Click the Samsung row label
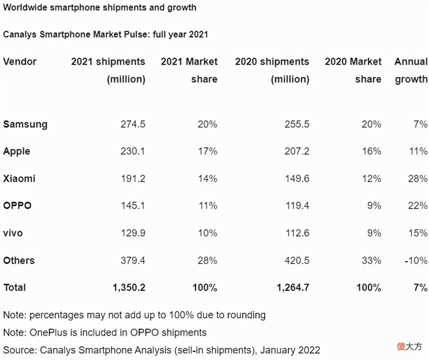(25, 125)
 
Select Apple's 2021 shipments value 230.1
(133, 151)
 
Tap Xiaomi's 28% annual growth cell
(418, 179)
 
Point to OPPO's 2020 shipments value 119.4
(297, 206)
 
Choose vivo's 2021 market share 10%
(207, 233)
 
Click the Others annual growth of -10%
(416, 260)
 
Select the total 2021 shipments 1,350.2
(129, 287)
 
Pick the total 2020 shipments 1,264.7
(293, 287)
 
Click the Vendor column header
(20, 61)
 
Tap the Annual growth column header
(411, 70)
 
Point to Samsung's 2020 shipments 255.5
(297, 124)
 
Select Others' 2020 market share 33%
(371, 260)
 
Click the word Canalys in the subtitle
(20, 35)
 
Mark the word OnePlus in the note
(49, 332)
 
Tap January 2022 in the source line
(290, 350)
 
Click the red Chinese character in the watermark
(401, 347)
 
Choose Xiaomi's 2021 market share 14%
(207, 179)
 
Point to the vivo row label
(13, 233)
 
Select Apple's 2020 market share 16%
(371, 151)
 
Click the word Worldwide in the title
(25, 7)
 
